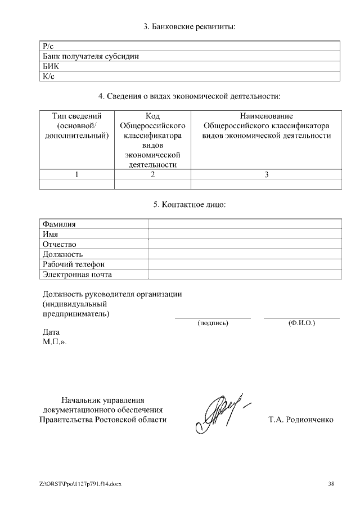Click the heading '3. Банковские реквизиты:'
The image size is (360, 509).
(x=188, y=26)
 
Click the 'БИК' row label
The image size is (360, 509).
(x=51, y=66)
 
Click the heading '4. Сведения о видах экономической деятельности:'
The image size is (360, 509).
(x=189, y=97)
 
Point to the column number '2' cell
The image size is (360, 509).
(x=152, y=174)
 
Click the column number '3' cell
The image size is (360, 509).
(x=266, y=174)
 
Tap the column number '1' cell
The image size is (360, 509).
(x=76, y=174)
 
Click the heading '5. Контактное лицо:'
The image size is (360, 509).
(x=189, y=205)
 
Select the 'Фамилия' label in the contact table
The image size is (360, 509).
(x=59, y=224)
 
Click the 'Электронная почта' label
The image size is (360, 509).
(x=77, y=274)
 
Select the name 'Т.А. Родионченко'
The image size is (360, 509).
(x=301, y=420)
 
